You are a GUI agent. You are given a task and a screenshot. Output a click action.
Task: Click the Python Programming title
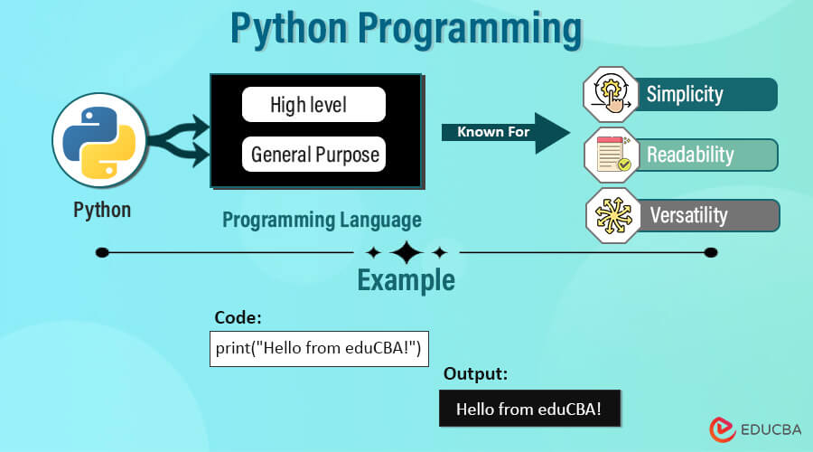click(406, 29)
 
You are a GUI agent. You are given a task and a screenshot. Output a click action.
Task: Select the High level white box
click(313, 105)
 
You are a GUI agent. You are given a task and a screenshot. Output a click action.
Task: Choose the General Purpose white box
click(314, 155)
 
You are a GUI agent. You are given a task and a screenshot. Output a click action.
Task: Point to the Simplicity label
click(710, 94)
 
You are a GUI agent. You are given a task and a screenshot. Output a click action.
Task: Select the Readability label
click(710, 155)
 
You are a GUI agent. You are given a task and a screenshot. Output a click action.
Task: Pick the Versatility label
click(710, 215)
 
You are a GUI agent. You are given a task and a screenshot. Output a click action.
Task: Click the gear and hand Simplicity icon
click(612, 94)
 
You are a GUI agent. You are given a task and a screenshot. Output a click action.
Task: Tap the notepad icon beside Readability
click(612, 155)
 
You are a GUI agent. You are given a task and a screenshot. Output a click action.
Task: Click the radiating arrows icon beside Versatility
click(612, 215)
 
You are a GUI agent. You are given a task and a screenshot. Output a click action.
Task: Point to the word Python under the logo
click(102, 210)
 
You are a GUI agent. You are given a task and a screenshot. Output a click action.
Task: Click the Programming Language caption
click(322, 220)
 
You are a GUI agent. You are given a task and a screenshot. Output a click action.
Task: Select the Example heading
click(406, 280)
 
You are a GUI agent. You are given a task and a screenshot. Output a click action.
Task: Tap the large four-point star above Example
click(406, 252)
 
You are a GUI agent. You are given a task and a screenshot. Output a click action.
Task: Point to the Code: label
click(238, 318)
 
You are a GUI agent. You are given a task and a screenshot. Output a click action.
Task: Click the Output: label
click(475, 373)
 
